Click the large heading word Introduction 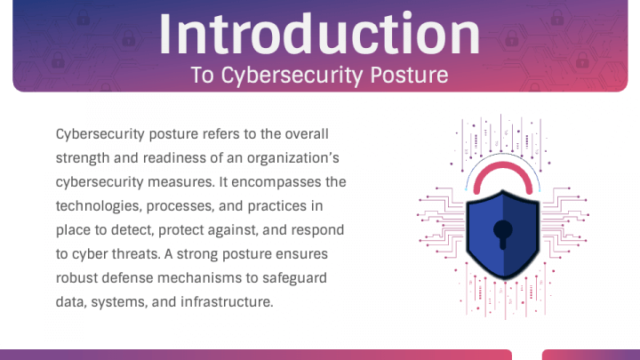(319, 35)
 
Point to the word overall (307, 134)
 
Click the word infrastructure (227, 302)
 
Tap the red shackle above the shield (503, 165)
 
